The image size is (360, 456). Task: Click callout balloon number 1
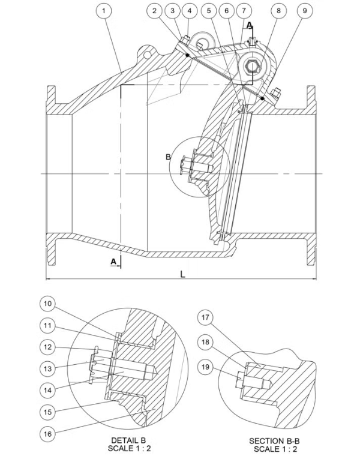click(104, 11)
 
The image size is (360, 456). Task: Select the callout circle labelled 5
click(209, 11)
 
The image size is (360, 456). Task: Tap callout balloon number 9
click(305, 11)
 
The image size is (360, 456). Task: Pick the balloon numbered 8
click(278, 11)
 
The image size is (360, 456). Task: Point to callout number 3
click(172, 11)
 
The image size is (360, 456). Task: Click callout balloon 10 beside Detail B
click(47, 304)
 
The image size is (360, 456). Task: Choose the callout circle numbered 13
click(47, 369)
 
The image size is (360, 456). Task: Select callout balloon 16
click(47, 434)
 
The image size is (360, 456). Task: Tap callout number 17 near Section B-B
click(205, 317)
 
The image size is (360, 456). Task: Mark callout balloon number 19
click(205, 367)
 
